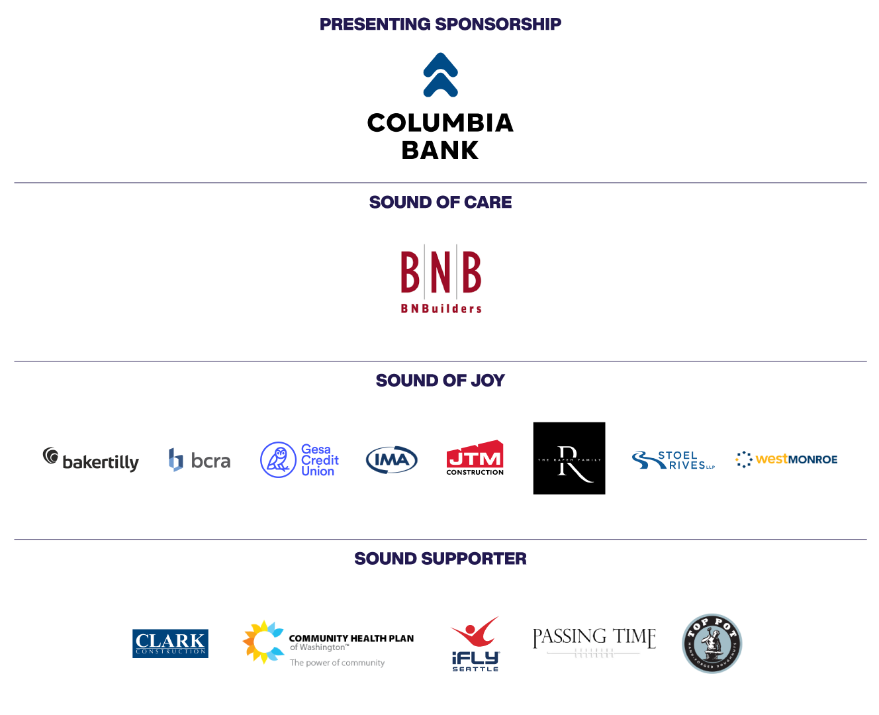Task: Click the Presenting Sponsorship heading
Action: pyautogui.click(x=440, y=24)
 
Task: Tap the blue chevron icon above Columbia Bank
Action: pyautogui.click(x=440, y=75)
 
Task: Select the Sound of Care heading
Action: pyautogui.click(x=440, y=203)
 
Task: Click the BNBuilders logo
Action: pyautogui.click(x=440, y=280)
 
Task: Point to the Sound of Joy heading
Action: pyautogui.click(x=440, y=381)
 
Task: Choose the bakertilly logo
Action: pyautogui.click(x=91, y=460)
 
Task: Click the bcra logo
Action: pyautogui.click(x=199, y=459)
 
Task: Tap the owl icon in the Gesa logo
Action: pyautogui.click(x=278, y=460)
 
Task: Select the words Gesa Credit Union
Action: pyautogui.click(x=320, y=460)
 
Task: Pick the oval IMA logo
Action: pyautogui.click(x=392, y=460)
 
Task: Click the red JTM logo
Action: pyautogui.click(x=475, y=456)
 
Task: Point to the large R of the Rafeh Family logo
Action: pyautogui.click(x=570, y=464)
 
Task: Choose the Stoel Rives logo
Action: pyautogui.click(x=673, y=460)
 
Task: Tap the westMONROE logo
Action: pyautogui.click(x=786, y=459)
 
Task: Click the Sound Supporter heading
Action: pyautogui.click(x=440, y=559)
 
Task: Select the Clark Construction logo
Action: pyautogui.click(x=170, y=643)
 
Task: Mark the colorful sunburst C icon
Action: pyautogui.click(x=263, y=642)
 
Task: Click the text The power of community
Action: pyautogui.click(x=337, y=663)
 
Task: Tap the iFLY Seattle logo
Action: pyautogui.click(x=475, y=643)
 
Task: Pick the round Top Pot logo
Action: pyautogui.click(x=712, y=643)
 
